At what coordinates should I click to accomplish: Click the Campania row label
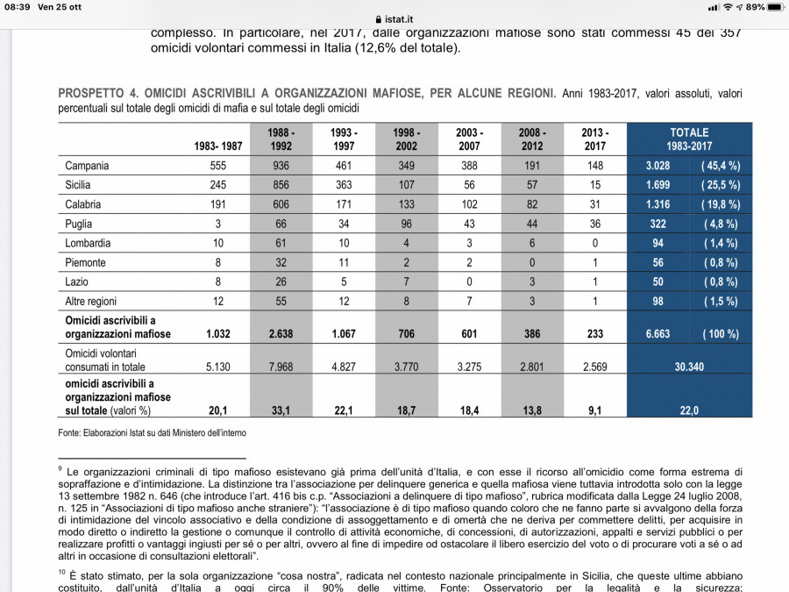tap(86, 165)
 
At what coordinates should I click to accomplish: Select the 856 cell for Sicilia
tap(281, 185)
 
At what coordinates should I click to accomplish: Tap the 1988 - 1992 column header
tap(281, 139)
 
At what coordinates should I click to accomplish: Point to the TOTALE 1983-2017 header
tap(689, 139)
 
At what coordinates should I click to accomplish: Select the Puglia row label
tap(79, 224)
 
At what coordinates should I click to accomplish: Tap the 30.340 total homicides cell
tap(689, 367)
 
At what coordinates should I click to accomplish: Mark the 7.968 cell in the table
tap(281, 367)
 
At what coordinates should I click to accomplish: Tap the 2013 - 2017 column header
tap(594, 139)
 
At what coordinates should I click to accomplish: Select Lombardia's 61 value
tap(281, 243)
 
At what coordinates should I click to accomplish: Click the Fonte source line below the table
tap(152, 432)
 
